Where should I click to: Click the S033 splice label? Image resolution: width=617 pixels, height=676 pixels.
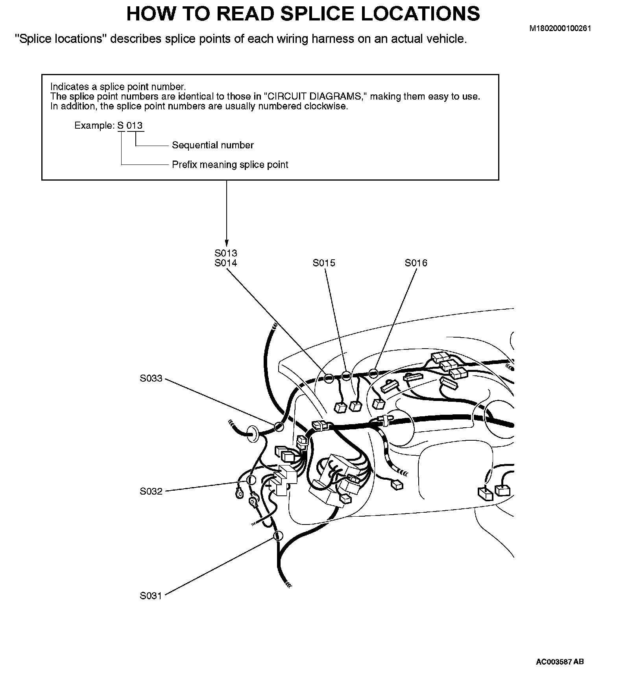[151, 379]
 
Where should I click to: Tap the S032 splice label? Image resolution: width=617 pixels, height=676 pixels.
[151, 491]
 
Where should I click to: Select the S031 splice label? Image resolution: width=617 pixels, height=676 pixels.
[151, 596]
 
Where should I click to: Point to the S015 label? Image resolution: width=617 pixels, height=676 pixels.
[324, 263]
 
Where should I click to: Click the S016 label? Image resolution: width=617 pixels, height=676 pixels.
[416, 263]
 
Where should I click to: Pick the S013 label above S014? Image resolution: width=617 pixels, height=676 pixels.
[226, 253]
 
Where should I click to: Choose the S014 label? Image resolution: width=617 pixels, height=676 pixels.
[226, 263]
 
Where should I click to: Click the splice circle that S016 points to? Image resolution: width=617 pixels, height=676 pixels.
[373, 372]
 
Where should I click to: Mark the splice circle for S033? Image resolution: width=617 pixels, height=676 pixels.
[279, 426]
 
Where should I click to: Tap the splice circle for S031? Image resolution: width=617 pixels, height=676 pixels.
[278, 536]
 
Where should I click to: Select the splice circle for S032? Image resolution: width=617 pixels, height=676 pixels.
[251, 480]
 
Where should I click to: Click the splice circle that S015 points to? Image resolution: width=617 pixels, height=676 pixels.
[345, 375]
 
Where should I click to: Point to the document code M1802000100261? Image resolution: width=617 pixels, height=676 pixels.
[560, 28]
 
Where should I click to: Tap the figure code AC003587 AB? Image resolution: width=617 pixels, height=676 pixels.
[560, 662]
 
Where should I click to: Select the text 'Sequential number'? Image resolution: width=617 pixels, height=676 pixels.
[213, 145]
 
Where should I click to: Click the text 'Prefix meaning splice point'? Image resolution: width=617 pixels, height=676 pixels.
[230, 164]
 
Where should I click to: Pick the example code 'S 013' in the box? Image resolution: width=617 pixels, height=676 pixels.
[130, 126]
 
